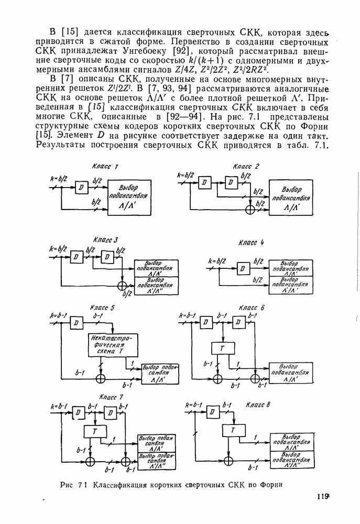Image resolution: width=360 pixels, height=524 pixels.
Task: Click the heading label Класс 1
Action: pos(104,167)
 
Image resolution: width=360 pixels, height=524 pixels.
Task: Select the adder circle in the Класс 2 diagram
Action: pos(250,209)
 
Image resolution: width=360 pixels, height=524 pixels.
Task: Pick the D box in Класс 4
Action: pos(242,268)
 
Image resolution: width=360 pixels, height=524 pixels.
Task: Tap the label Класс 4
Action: pos(251,243)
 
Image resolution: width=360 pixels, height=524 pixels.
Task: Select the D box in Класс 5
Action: pos(77,323)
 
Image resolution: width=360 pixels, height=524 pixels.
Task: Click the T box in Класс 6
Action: pos(223,349)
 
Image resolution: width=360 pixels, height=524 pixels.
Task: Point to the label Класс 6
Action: pos(252,308)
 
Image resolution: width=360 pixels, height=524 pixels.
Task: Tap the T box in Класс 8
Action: pos(230,431)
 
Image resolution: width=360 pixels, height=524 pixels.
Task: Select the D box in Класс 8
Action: pos(213,412)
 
